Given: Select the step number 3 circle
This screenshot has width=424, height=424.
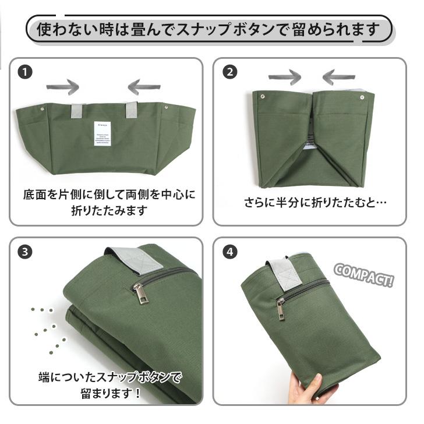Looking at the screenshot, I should (24, 252).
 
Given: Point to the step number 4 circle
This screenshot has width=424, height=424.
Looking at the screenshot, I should (231, 252).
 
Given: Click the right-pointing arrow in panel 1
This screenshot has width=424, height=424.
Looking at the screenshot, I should (62, 87).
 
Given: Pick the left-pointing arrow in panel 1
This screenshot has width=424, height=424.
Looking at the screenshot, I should (144, 87).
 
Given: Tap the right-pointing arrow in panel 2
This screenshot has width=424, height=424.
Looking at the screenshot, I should (284, 77).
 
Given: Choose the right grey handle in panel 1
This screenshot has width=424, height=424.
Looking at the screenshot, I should (131, 109).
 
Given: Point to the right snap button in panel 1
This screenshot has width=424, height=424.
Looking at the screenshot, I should (167, 108).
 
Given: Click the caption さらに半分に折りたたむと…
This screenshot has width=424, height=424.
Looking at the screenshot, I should (315, 203).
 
